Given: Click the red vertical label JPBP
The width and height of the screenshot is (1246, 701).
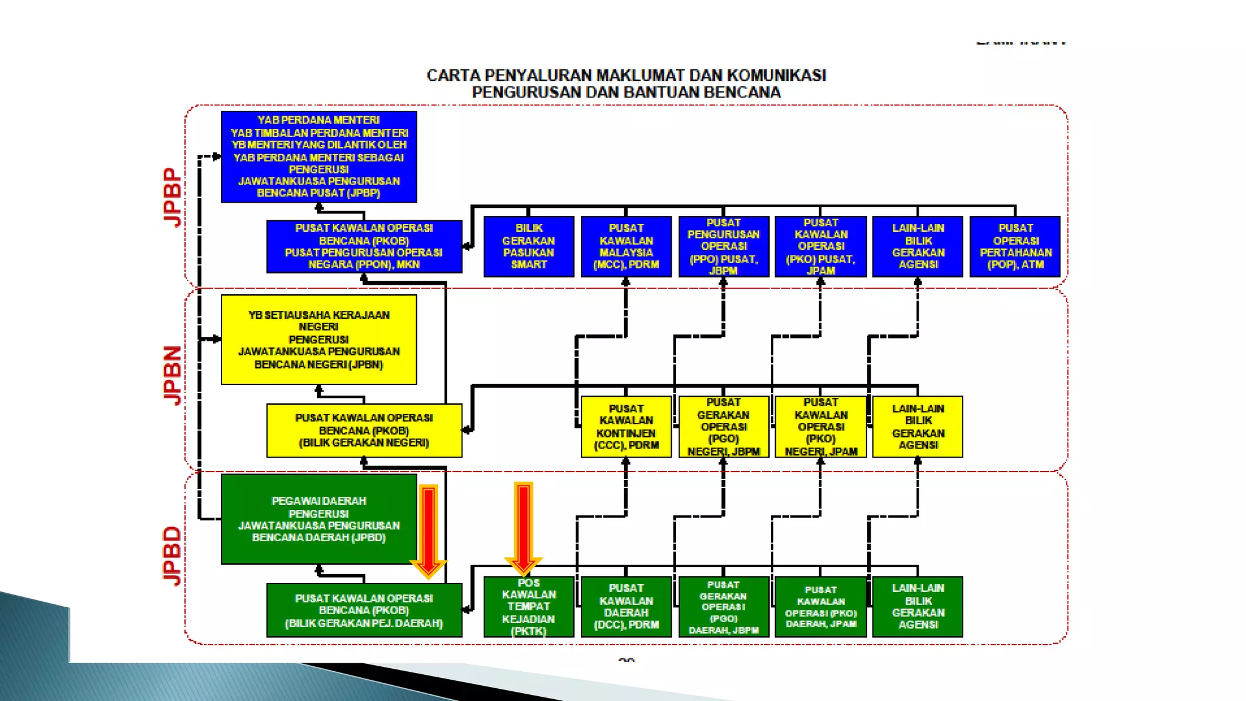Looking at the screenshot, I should pyautogui.click(x=173, y=198).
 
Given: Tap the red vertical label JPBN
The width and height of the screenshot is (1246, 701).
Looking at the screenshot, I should pyautogui.click(x=173, y=375).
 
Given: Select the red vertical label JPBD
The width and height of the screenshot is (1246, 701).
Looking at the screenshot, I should pyautogui.click(x=173, y=556).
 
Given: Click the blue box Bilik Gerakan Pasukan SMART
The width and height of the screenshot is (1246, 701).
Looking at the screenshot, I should pyautogui.click(x=529, y=246).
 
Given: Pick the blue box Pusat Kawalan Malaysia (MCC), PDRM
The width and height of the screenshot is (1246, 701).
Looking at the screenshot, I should pyautogui.click(x=626, y=246).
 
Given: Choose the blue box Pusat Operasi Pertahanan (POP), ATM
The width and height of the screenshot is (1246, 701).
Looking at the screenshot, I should pyautogui.click(x=1015, y=246).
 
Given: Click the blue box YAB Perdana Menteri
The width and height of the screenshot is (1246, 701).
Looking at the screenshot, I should pyautogui.click(x=319, y=156).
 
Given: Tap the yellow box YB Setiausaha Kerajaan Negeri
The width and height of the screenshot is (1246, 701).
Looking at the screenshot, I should pyautogui.click(x=319, y=340).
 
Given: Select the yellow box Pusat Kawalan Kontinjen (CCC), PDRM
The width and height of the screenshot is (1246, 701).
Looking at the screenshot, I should pyautogui.click(x=626, y=427).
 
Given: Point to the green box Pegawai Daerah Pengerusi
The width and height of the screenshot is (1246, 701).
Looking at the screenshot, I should pyautogui.click(x=319, y=519).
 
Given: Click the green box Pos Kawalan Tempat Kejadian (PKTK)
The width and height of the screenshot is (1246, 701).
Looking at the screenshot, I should pyautogui.click(x=529, y=607).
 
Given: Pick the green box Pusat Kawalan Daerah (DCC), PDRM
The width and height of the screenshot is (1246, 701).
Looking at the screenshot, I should pyautogui.click(x=626, y=607).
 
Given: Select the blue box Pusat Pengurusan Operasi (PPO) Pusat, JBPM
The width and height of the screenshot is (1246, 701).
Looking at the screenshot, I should pyautogui.click(x=723, y=246).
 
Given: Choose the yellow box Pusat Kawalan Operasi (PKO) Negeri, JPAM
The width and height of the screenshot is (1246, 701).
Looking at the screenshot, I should pyautogui.click(x=821, y=427).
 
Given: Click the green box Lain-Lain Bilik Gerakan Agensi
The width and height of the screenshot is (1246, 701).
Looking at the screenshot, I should pyautogui.click(x=917, y=607).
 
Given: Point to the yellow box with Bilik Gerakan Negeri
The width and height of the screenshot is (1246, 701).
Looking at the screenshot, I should pyautogui.click(x=364, y=430).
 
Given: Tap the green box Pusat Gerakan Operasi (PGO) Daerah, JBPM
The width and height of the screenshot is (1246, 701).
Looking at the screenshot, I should pyautogui.click(x=723, y=607).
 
